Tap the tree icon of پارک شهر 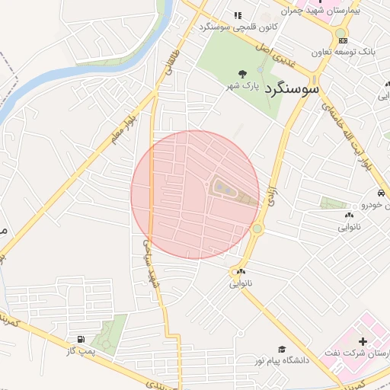(242, 74)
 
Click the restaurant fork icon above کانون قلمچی (238, 15)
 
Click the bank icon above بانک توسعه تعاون (343, 40)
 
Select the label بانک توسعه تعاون (343, 53)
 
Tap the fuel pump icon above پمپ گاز (80, 338)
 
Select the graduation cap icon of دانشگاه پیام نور (282, 348)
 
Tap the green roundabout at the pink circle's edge (257, 229)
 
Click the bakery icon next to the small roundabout (241, 271)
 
